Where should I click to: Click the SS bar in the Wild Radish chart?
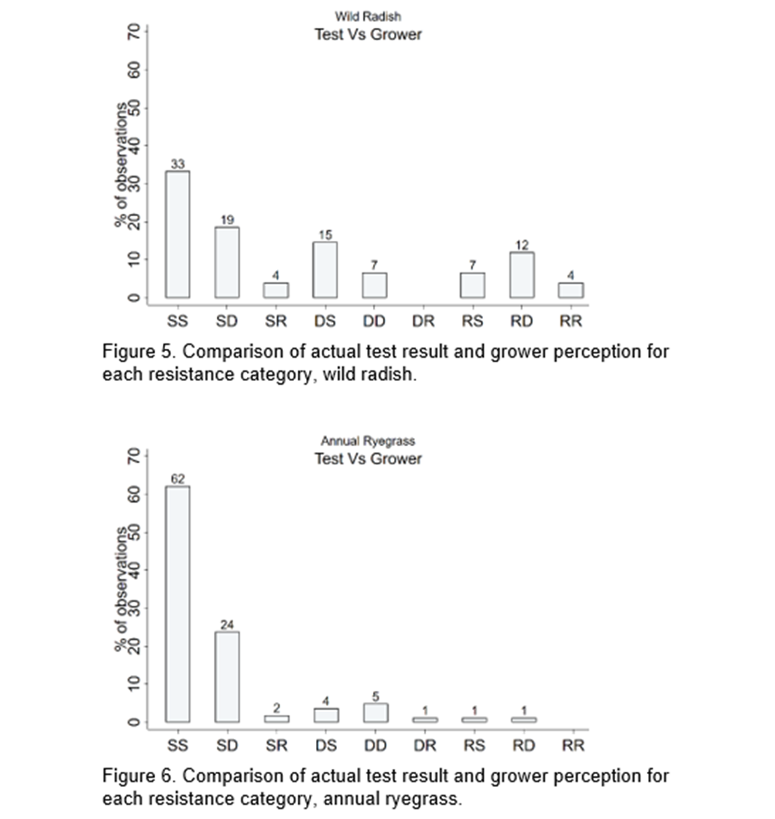[x=178, y=235]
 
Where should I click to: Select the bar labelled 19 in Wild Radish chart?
[x=227, y=262]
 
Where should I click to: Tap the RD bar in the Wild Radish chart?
[x=522, y=275]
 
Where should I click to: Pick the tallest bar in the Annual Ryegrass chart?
[x=178, y=604]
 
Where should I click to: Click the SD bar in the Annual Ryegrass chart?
[x=227, y=677]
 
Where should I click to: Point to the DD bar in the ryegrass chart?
[x=375, y=713]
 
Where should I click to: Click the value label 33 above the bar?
[x=178, y=164]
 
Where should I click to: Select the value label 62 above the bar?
[x=178, y=479]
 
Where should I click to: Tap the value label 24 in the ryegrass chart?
[x=227, y=625]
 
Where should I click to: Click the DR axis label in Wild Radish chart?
[x=423, y=321]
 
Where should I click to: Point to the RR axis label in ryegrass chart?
[x=572, y=745]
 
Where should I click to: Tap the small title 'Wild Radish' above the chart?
[x=368, y=16]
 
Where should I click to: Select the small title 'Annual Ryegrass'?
[x=368, y=441]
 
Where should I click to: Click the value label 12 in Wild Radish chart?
[x=522, y=245]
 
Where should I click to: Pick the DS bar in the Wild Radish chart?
[x=325, y=270]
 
